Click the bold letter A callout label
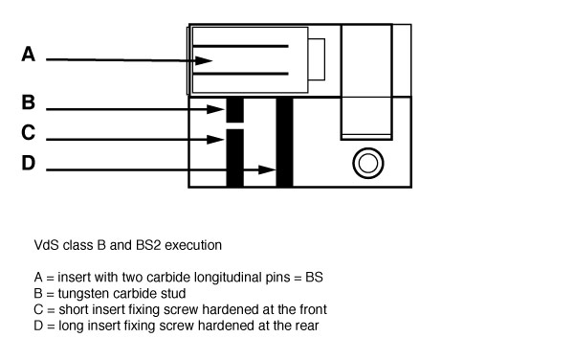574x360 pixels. (29, 55)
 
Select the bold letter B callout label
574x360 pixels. (29, 102)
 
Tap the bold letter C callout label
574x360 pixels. (28, 132)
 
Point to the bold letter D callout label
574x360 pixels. (29, 163)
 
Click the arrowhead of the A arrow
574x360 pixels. (204, 60)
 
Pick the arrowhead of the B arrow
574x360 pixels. (215, 109)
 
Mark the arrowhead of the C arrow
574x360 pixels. (215, 140)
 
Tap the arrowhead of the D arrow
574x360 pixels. (267, 169)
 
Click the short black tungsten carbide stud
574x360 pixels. (235, 110)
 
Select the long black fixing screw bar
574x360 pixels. (284, 142)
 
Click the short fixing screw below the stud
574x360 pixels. (235, 158)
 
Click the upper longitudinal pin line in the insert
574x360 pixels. (240, 46)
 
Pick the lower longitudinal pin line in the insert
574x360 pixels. (240, 74)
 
